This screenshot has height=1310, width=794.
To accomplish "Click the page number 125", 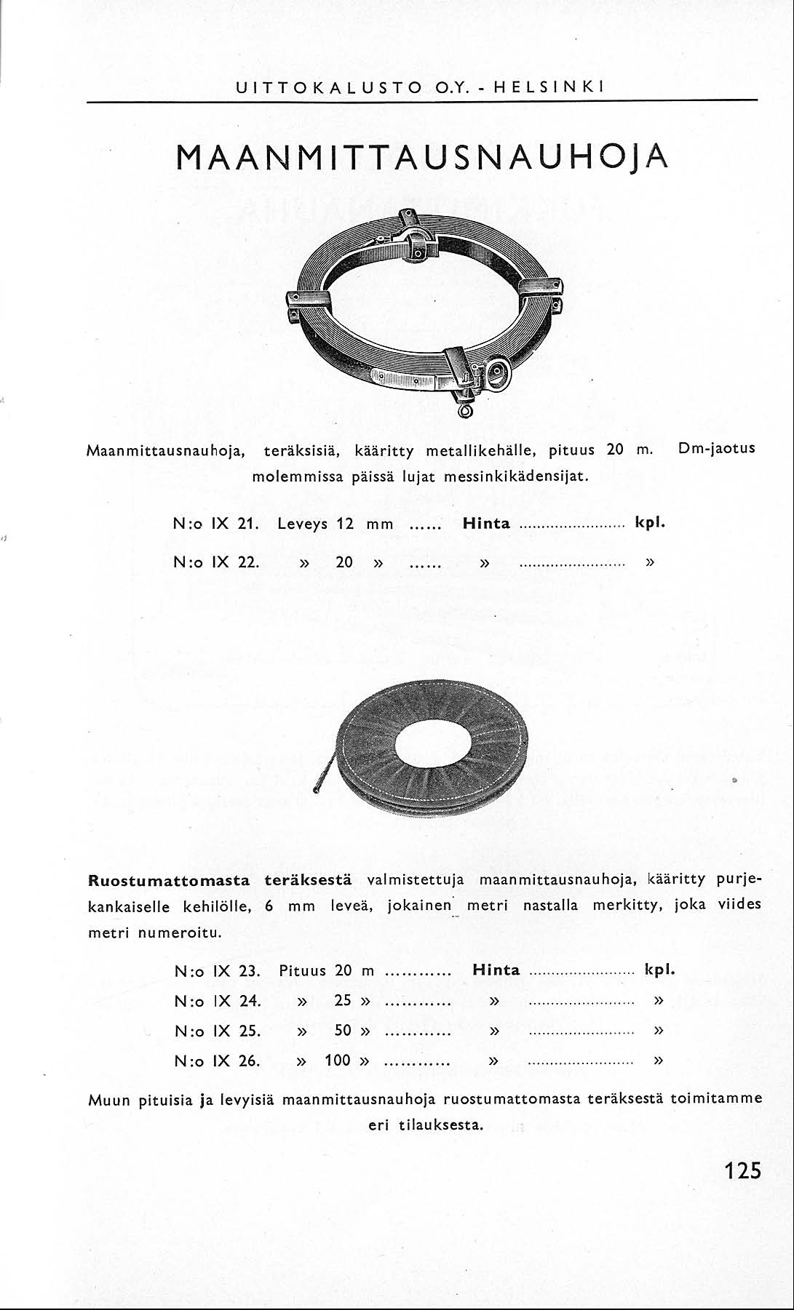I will coord(742,1170).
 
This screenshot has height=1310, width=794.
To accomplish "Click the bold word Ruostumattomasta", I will coord(169,880).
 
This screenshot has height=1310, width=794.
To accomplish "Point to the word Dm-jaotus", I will coord(716,448).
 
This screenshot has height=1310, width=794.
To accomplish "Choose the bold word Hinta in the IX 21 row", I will coord(486,524).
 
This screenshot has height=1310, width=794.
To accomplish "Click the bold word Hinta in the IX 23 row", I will coord(496,970).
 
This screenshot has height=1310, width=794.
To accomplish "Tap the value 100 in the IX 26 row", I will coord(338,1060).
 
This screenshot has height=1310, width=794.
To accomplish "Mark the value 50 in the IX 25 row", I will coord(343,1030).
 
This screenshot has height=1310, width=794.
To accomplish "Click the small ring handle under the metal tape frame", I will coord(467,412).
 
